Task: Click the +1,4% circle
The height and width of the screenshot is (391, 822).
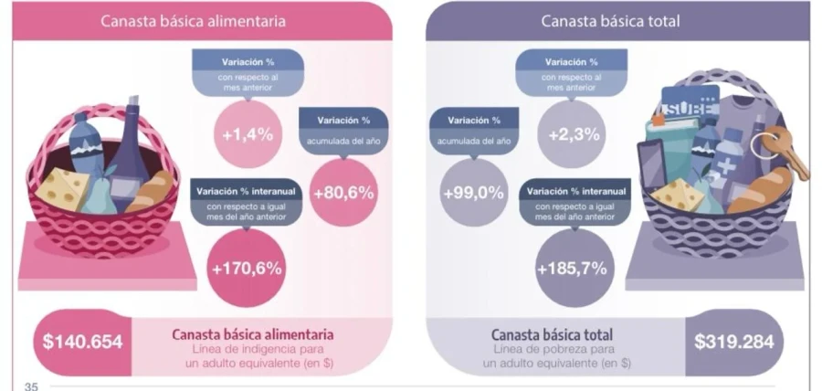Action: click(248, 134)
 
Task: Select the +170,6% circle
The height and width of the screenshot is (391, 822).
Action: click(247, 269)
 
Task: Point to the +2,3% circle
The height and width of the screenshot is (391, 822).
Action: click(574, 134)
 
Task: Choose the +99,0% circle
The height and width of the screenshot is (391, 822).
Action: click(473, 193)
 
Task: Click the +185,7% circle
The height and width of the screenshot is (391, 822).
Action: click(574, 269)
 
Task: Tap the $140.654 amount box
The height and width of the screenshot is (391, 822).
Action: click(82, 343)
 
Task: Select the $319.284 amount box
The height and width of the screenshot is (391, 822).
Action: click(733, 343)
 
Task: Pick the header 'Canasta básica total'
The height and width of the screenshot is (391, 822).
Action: click(610, 20)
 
